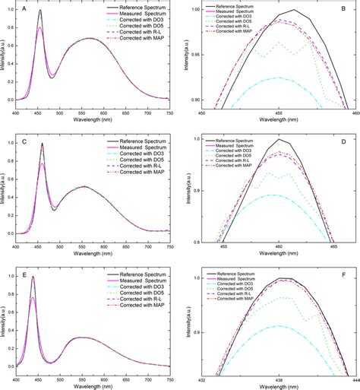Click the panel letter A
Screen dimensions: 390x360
[25, 8]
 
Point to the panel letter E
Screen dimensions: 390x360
[25, 271]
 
